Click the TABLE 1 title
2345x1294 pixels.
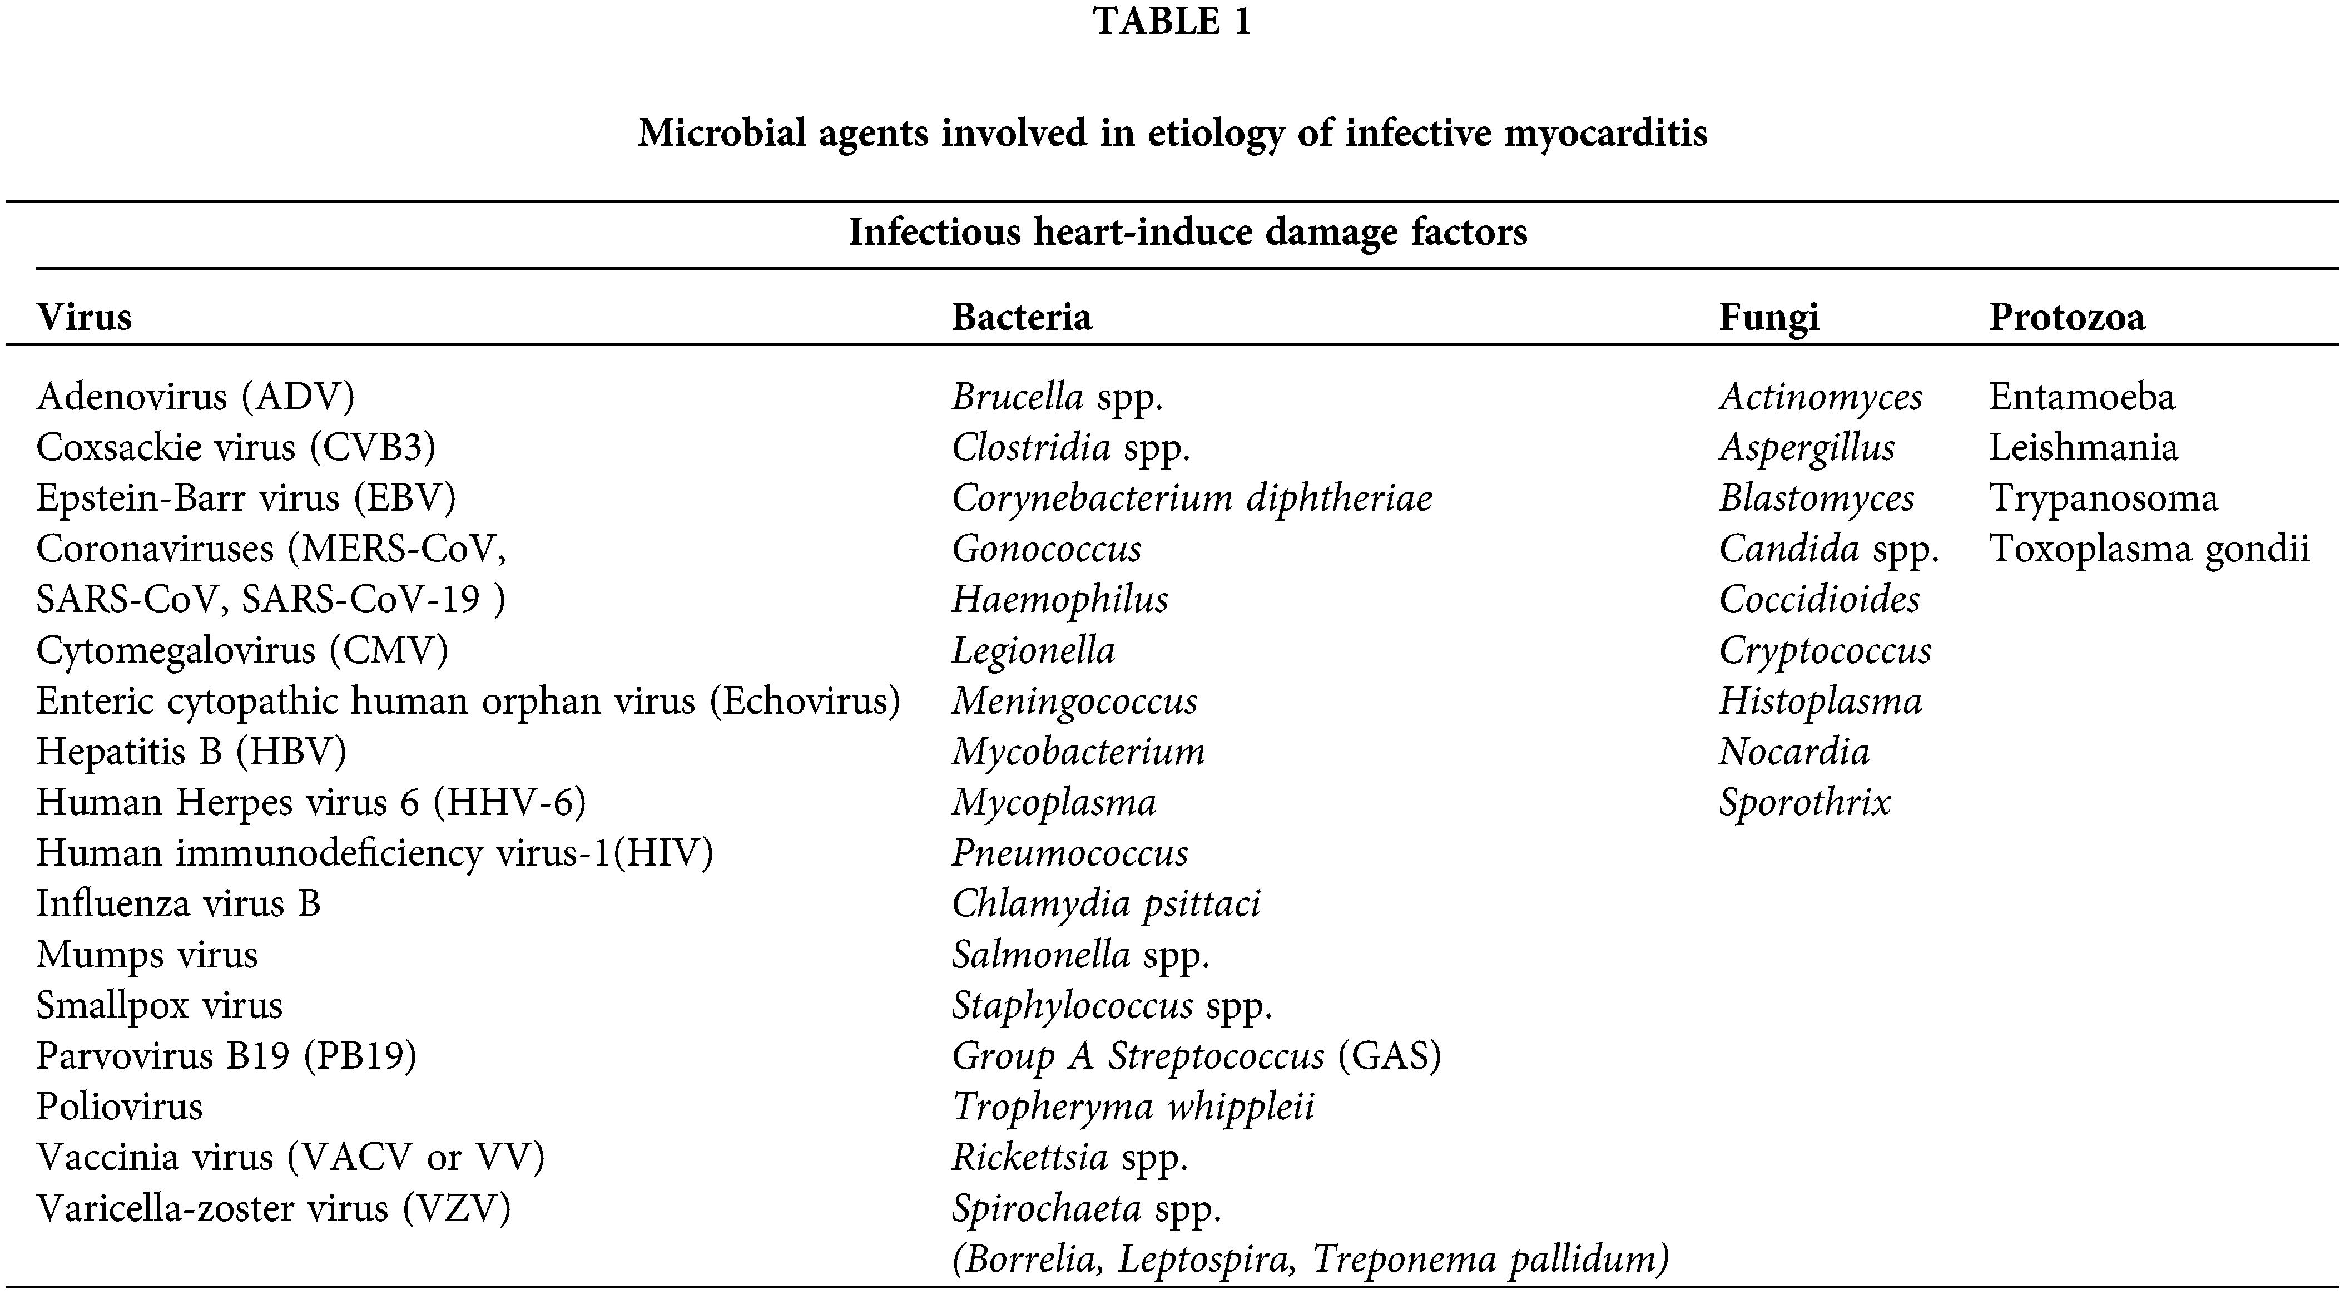coord(1172,22)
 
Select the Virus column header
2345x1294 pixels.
coord(85,317)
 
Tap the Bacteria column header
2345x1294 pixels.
coord(1022,317)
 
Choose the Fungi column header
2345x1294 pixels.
coord(1768,317)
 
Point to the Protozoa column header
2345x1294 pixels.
coord(2066,317)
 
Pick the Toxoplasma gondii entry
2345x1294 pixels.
coord(2148,549)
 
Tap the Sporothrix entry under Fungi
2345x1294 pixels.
coord(1804,802)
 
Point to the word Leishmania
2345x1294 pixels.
coord(2083,448)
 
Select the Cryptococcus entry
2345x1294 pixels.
coord(1825,651)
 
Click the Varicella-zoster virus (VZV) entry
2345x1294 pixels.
coord(273,1208)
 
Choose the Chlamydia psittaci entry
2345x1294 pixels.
coord(1106,904)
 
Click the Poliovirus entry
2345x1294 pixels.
coord(119,1107)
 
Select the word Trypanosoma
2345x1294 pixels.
coord(2103,498)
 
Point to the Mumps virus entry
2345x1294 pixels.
coord(147,955)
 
